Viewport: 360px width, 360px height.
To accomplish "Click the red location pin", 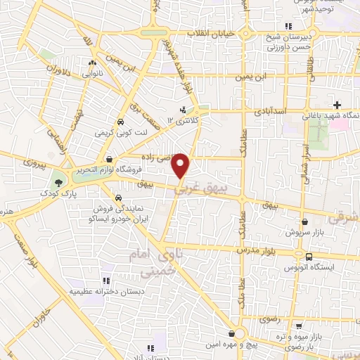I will pos(181,166).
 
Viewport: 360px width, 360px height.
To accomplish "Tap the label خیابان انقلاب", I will pos(211,34).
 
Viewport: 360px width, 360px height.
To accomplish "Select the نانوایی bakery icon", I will pos(91,72).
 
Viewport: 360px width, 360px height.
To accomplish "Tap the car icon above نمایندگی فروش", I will pos(119,198).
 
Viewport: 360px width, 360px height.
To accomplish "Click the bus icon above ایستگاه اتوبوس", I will pos(309,257).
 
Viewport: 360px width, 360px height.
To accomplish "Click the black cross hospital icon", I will pos(337,105).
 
